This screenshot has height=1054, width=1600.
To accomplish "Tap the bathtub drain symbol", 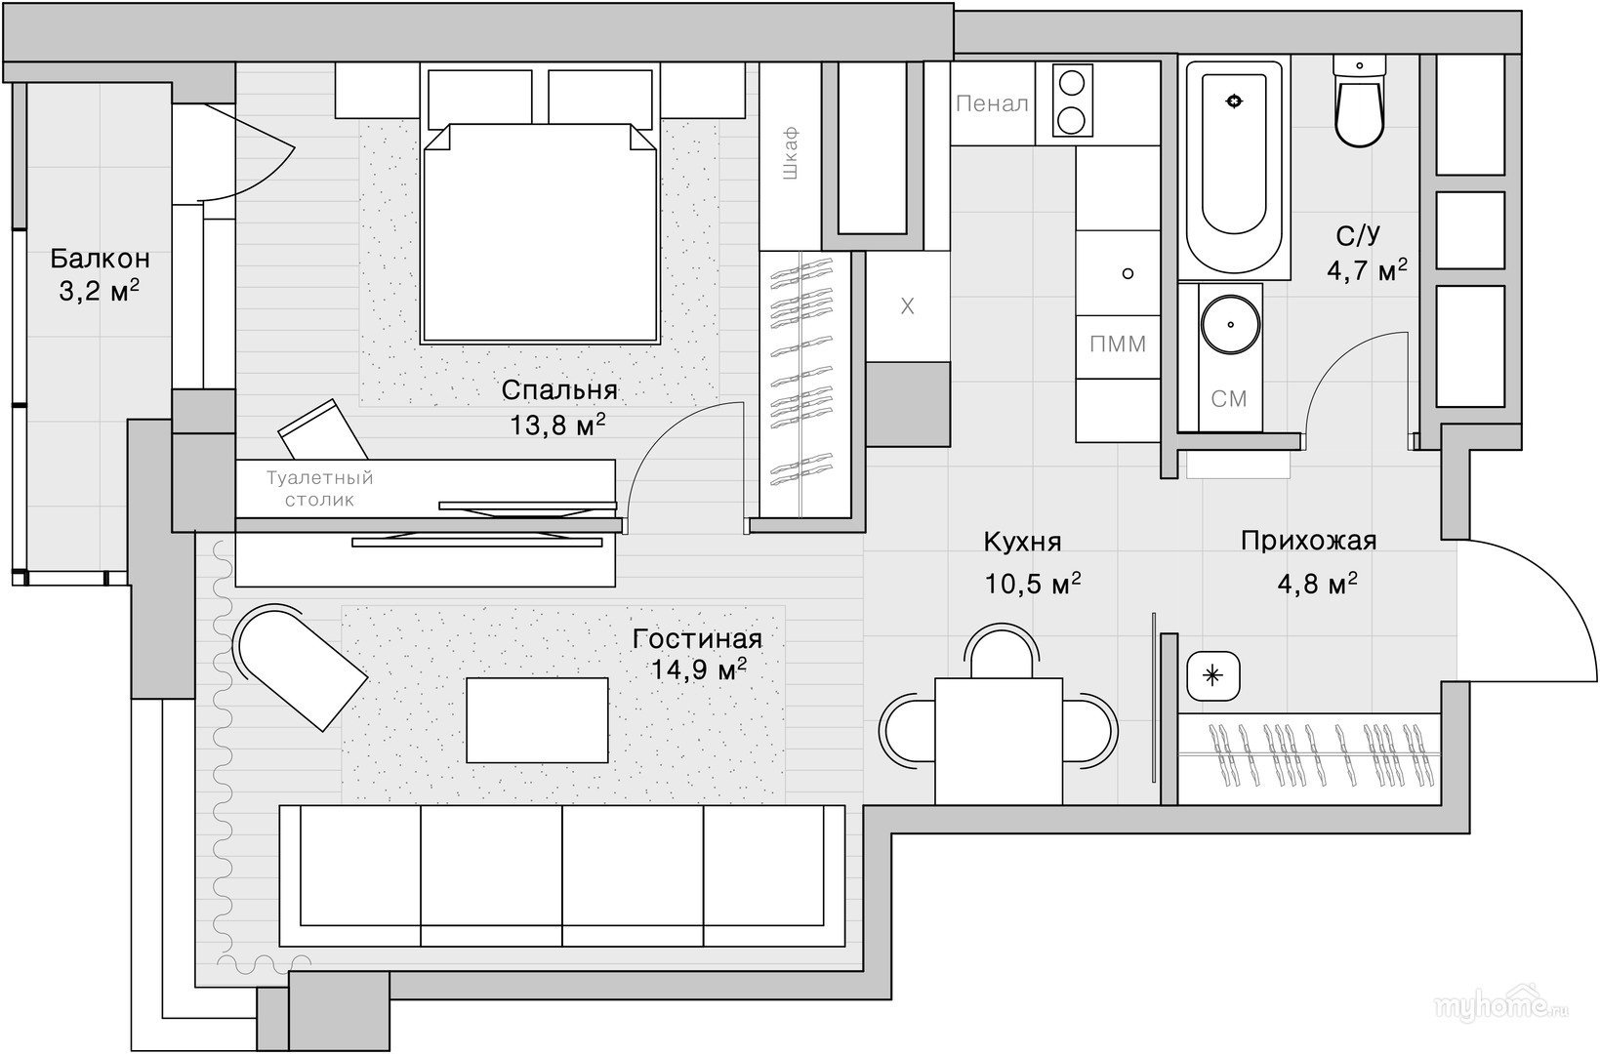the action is tap(1234, 101).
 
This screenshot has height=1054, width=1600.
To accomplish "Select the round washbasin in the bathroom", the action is tap(1231, 324).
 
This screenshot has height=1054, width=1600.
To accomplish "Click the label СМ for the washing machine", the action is tap(1229, 398).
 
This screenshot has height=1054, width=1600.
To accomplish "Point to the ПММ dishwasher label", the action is tap(1118, 345).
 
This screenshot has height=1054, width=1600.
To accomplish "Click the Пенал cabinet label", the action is tap(992, 104).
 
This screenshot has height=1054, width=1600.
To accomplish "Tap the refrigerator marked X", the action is tap(907, 306).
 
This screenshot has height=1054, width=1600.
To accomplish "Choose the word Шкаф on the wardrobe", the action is tap(790, 153).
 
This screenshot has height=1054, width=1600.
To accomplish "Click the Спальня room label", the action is tap(559, 390).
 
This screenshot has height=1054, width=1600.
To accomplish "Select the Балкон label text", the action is tap(100, 258).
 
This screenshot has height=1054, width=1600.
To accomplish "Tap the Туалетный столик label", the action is tap(320, 488).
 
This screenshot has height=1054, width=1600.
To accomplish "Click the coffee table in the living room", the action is tap(537, 720).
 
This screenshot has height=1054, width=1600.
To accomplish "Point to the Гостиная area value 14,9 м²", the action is tap(699, 669).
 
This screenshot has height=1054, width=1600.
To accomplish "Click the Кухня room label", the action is tap(1023, 542).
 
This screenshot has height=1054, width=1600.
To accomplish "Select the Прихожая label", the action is tap(1308, 541).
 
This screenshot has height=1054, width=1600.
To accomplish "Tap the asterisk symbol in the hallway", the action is tap(1212, 674).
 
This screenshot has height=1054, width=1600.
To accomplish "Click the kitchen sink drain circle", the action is tap(1128, 273).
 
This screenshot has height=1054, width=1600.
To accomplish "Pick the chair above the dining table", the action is tap(1001, 651).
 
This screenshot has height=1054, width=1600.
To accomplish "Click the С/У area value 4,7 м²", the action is tap(1367, 270).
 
